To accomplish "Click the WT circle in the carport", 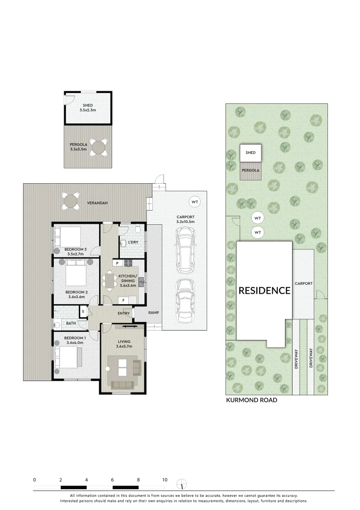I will [194, 202].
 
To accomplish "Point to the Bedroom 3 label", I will [75, 249].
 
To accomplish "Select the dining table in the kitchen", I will [110, 281].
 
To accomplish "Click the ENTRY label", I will [124, 313].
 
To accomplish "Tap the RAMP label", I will [153, 313].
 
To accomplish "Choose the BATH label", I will [71, 323].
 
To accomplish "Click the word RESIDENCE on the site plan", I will [264, 290].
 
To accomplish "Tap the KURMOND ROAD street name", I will [251, 400].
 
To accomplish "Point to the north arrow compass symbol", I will [182, 484].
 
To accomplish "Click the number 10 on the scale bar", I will [165, 480].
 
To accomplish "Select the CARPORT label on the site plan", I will [303, 284].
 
